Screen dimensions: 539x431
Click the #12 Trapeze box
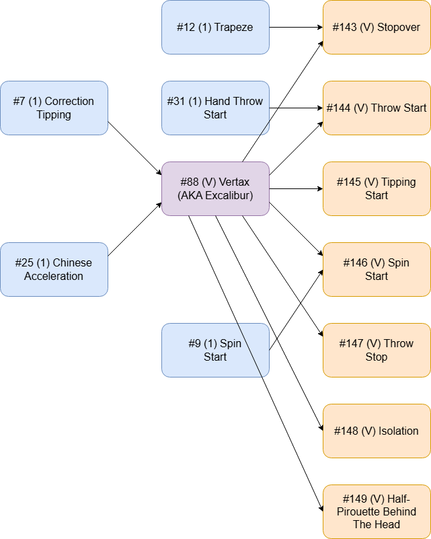pos(215,27)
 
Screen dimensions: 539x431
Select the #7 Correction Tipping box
pos(54,108)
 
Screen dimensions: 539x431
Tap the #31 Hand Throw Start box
pos(215,108)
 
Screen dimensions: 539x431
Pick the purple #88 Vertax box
pos(215,188)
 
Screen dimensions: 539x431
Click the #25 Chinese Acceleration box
pos(54,269)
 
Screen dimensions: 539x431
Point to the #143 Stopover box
pos(377,27)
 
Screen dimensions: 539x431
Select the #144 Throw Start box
pos(377,108)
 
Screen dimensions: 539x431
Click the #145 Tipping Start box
pos(377,188)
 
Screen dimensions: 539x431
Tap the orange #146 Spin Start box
pos(377,269)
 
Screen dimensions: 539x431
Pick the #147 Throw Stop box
pos(377,350)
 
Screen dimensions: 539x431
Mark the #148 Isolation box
pos(377,431)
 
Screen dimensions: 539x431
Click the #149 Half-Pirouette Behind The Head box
pos(377,511)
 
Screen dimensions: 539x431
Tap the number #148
pos(346,431)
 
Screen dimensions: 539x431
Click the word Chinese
pos(72,263)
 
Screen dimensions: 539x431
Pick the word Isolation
pos(399,431)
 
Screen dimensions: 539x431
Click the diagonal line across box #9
pos(249,350)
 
